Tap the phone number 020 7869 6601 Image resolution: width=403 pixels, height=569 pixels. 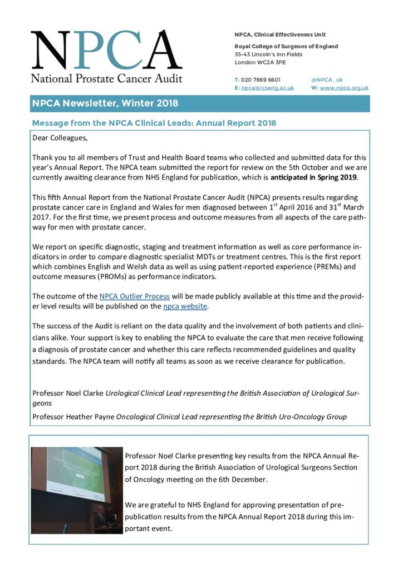click(261, 79)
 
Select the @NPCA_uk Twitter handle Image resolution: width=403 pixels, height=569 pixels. click(327, 79)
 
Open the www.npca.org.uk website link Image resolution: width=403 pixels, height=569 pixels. click(344, 88)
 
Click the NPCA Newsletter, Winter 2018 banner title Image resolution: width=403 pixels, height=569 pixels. click(105, 103)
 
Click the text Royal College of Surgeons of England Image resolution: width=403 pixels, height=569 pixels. click(286, 47)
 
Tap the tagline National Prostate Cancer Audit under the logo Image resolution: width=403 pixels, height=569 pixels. click(106, 78)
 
